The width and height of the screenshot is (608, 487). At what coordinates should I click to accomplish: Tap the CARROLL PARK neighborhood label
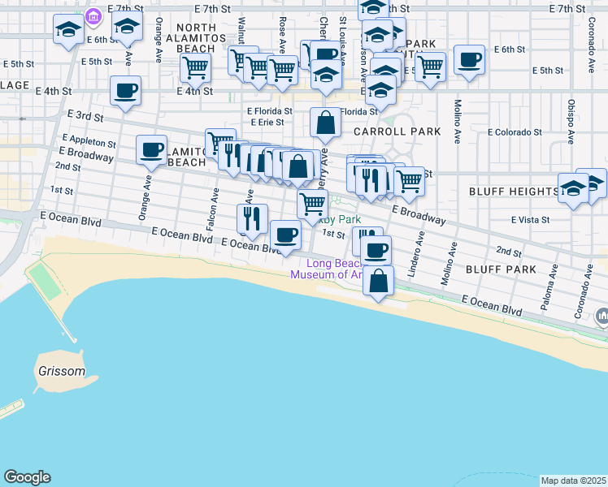coord(397,131)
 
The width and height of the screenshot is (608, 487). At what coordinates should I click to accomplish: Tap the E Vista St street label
coord(531,219)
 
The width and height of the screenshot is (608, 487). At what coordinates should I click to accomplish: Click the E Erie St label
coord(267,122)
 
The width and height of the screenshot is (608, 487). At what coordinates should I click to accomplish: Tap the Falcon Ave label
coord(212,209)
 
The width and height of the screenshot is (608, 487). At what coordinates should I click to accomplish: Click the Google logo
coord(27,477)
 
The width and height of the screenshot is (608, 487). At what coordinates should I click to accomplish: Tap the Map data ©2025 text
coord(574,481)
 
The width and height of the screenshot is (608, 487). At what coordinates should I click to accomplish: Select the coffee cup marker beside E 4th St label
coord(125,91)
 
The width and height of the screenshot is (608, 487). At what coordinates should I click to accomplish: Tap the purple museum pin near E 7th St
coord(93,15)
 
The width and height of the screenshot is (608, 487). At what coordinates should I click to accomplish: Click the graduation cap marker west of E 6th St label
coord(67,31)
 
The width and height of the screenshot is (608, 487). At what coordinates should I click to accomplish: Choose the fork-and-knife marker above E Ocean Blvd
coord(252,218)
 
